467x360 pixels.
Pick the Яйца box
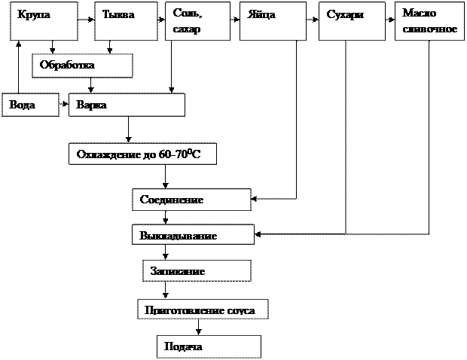272,21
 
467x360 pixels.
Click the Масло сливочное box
427,21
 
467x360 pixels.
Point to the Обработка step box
82,66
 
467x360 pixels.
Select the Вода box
30,105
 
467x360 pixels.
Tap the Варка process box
127,105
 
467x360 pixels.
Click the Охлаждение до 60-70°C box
142,154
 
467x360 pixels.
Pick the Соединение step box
191,200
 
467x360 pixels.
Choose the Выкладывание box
193,235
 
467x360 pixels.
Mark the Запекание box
197,270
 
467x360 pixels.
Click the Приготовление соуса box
203,310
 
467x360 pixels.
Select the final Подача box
209,346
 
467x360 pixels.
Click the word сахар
188,29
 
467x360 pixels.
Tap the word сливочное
430,29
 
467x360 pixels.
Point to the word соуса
240,310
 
